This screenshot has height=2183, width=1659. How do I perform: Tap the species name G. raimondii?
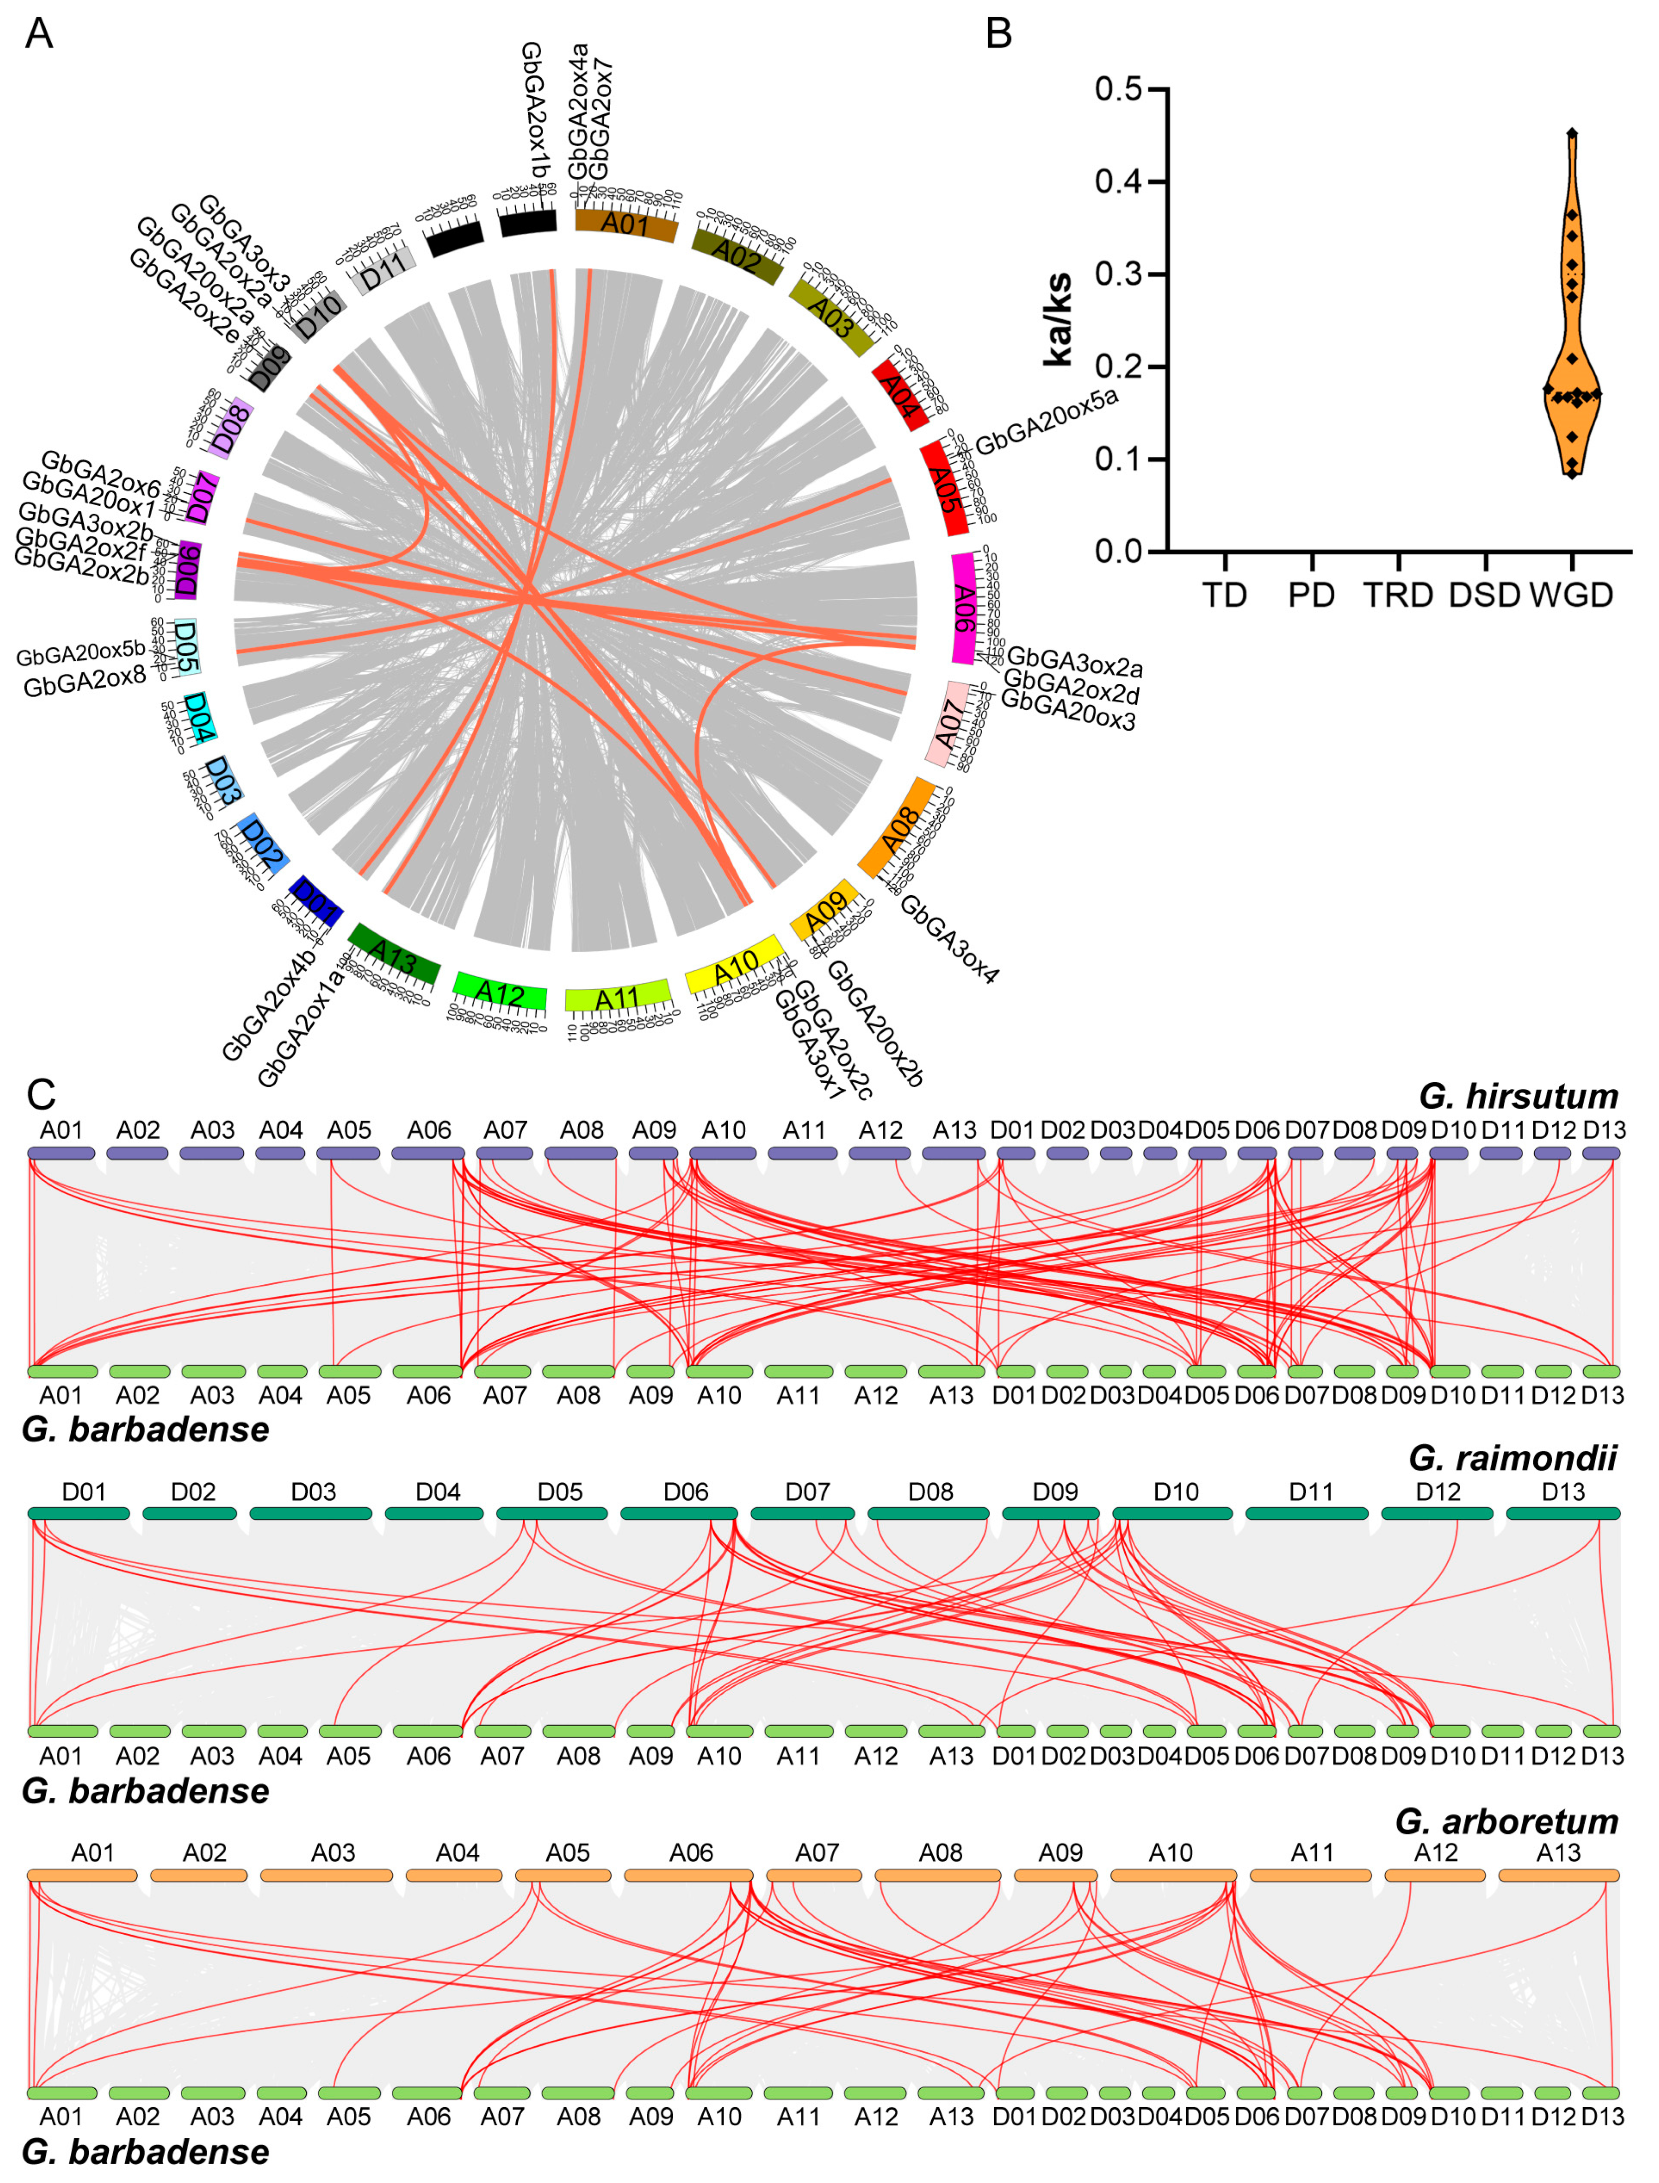(x=1513, y=1458)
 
